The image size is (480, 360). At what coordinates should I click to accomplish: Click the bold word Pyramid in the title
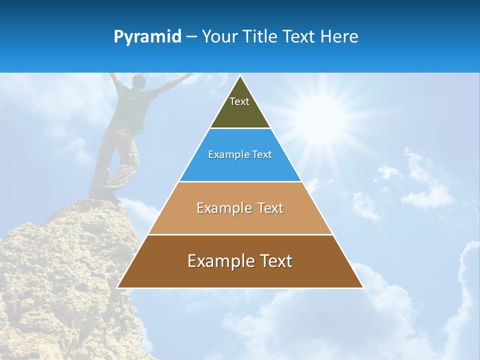coord(147,37)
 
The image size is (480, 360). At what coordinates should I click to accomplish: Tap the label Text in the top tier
coord(239,101)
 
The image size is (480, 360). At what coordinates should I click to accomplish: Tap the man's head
coord(138,81)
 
